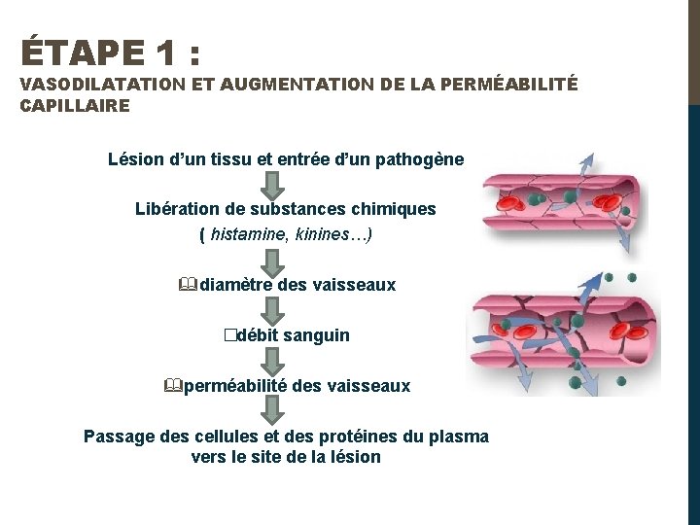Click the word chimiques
(398, 209)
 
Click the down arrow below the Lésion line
(274, 184)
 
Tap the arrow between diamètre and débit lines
(274, 310)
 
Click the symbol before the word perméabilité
(173, 386)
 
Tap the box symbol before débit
(228, 335)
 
